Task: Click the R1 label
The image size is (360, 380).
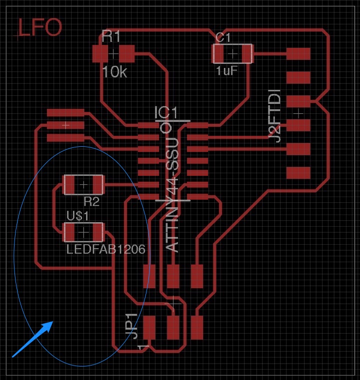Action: click(111, 36)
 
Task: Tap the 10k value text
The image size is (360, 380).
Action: click(114, 72)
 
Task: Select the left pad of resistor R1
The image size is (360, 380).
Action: click(100, 53)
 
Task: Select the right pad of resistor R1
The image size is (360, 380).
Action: click(127, 53)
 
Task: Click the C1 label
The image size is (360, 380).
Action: click(223, 38)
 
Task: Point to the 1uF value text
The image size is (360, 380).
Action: click(226, 71)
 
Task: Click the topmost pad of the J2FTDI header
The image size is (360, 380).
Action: click(298, 53)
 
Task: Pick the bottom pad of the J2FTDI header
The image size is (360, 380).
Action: click(298, 173)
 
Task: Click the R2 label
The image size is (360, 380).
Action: click(91, 201)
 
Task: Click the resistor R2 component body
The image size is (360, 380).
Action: click(83, 185)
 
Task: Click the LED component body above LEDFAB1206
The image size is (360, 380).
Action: click(83, 232)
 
